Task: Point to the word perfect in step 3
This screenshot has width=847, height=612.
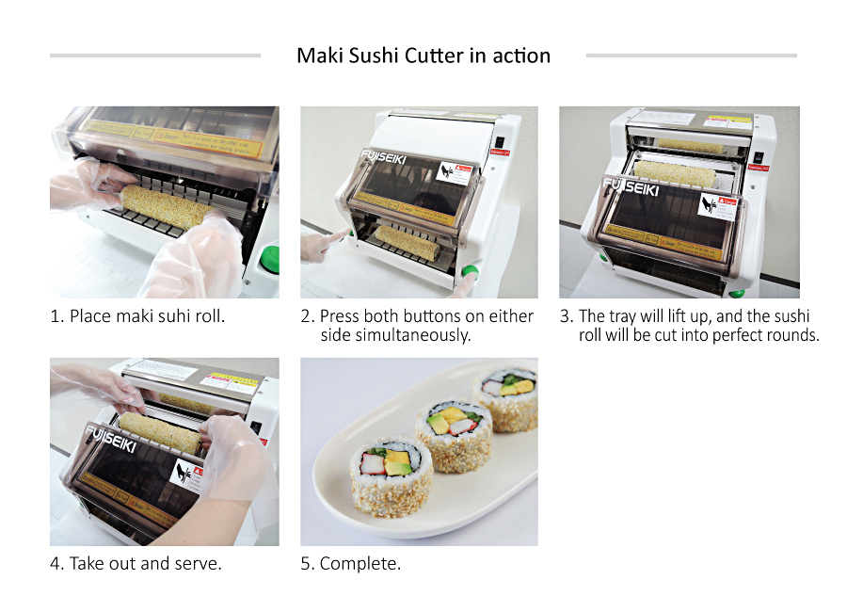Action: point(711,335)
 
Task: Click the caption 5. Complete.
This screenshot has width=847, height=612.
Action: point(350,564)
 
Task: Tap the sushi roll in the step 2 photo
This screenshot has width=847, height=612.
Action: point(407,242)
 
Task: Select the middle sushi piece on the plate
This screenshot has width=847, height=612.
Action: point(454,429)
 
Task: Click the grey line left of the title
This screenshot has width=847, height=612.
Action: point(155,56)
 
